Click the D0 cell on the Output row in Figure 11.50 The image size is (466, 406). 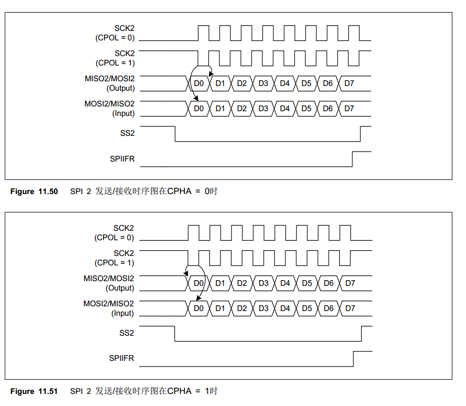pyautogui.click(x=198, y=83)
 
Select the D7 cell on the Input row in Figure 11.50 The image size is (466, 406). pyautogui.click(x=349, y=109)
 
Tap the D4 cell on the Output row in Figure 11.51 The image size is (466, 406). pyautogui.click(x=285, y=283)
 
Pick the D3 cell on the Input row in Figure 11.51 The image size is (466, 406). pyautogui.click(x=263, y=308)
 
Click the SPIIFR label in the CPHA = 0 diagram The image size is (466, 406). pyautogui.click(x=122, y=158)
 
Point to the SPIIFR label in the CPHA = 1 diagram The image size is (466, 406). pyautogui.click(x=121, y=358)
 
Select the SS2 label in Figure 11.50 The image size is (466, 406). pyautogui.click(x=127, y=133)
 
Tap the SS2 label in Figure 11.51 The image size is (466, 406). pyautogui.click(x=127, y=333)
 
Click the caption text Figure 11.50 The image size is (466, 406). pyautogui.click(x=34, y=191)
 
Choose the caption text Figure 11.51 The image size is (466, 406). pyautogui.click(x=34, y=391)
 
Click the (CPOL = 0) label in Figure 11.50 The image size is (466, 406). pyautogui.click(x=115, y=38)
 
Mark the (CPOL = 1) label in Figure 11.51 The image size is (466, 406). pyautogui.click(x=115, y=263)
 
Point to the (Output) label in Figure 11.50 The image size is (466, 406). pyautogui.click(x=120, y=88)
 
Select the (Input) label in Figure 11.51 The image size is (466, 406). pyautogui.click(x=123, y=313)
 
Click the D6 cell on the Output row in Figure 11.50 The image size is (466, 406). pyautogui.click(x=328, y=83)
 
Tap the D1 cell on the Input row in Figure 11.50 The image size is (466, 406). pyautogui.click(x=220, y=109)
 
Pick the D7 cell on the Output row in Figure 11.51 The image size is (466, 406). pyautogui.click(x=350, y=283)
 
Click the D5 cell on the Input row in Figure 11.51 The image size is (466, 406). pyautogui.click(x=307, y=308)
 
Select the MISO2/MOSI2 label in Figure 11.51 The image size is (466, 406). pyautogui.click(x=109, y=279)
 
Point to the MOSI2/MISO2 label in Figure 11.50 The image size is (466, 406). pyautogui.click(x=109, y=104)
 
